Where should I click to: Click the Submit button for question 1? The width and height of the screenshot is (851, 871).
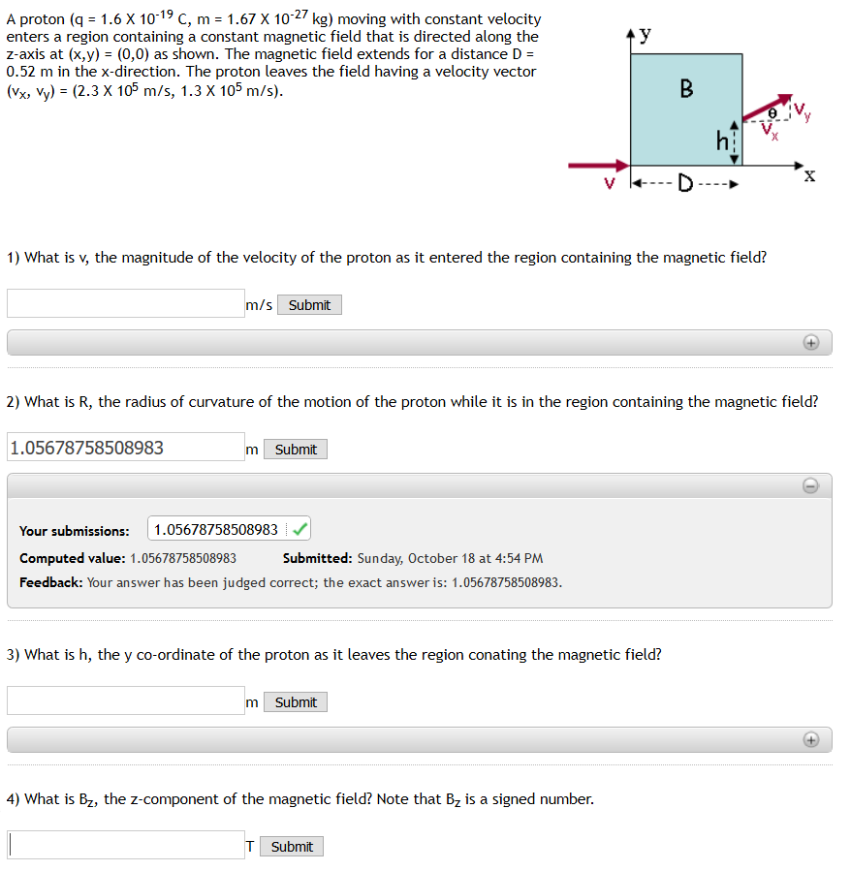(309, 305)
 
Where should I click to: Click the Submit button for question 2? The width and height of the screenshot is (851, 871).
(296, 450)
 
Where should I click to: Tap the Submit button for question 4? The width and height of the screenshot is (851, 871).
(292, 847)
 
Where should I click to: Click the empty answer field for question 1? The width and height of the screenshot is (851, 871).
(126, 304)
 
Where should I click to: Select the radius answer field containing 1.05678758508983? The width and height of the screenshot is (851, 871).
(126, 448)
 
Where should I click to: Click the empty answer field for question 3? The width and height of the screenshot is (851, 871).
(126, 700)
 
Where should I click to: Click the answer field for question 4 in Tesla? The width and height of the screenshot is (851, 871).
(126, 845)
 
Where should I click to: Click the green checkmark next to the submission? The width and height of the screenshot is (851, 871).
(300, 530)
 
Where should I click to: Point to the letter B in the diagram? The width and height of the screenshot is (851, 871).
(686, 90)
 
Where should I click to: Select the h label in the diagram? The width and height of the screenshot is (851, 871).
(720, 142)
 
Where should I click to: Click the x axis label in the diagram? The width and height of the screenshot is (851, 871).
(809, 176)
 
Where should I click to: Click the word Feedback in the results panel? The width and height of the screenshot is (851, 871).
(50, 582)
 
